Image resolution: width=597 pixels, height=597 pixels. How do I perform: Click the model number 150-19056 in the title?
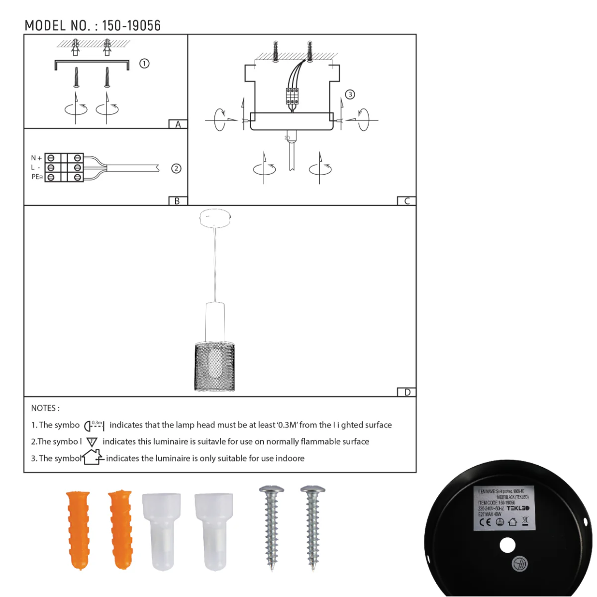tap(131, 26)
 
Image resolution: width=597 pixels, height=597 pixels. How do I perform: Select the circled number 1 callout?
tap(144, 64)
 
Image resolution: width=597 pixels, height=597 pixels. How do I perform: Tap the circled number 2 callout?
tap(176, 169)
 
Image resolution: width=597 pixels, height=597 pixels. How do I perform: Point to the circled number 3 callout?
tap(350, 95)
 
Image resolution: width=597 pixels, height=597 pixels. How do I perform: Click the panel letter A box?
tap(178, 124)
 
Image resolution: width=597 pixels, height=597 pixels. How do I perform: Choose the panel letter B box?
tap(177, 201)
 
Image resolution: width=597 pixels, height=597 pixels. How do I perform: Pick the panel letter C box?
tap(406, 201)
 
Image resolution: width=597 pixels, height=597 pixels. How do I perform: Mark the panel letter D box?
tap(407, 392)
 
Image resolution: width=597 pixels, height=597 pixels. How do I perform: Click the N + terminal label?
tap(36, 158)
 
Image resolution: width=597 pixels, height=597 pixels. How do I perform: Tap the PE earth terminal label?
tap(37, 177)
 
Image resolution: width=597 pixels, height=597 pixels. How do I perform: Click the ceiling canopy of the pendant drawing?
tap(215, 216)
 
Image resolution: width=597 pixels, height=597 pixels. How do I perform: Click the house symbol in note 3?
tap(93, 457)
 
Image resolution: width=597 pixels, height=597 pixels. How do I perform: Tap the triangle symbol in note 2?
tap(92, 442)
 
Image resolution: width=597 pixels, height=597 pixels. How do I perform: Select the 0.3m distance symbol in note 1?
tap(94, 425)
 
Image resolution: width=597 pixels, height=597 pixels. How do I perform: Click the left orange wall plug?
tap(79, 529)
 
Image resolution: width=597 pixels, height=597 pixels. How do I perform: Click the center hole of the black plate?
tap(507, 546)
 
